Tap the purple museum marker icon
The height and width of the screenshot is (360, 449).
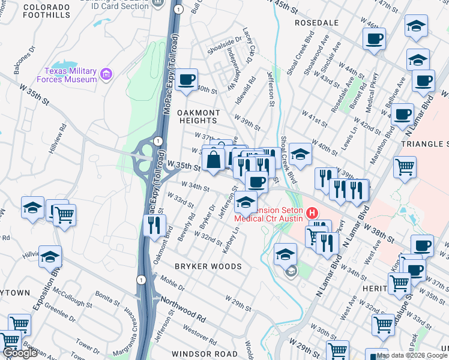coord(107,74)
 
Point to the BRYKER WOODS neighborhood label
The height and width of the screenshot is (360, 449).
coord(208,266)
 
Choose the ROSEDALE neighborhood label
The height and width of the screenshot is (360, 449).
coord(317,22)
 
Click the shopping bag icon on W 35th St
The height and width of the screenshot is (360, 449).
coord(214,160)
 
